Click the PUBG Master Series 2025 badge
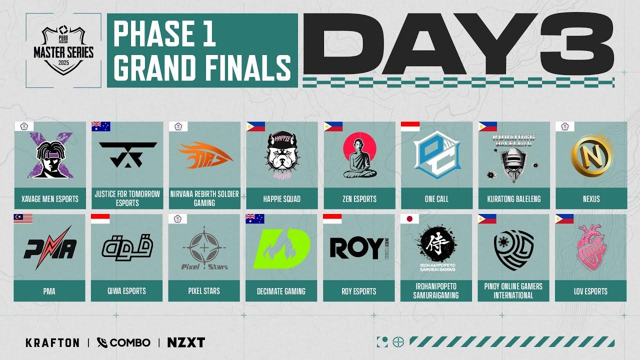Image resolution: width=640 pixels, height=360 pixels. [x=63, y=50]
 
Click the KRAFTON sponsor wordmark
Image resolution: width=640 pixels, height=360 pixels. [x=52, y=342]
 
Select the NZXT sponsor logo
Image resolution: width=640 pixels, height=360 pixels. [x=186, y=342]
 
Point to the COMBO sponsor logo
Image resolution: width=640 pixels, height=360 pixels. [x=123, y=342]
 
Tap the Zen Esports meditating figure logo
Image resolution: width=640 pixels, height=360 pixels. [x=359, y=155]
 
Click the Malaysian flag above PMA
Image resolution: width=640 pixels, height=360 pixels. [x=23, y=218]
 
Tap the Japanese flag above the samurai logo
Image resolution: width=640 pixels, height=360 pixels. [x=409, y=218]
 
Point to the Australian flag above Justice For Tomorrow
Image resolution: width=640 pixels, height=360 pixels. [x=100, y=126]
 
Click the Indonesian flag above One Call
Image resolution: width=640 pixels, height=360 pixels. [x=409, y=126]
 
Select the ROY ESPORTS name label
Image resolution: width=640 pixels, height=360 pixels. [x=359, y=291]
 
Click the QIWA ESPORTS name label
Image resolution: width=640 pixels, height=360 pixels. [x=127, y=291]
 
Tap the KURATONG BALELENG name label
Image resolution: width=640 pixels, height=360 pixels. [x=513, y=199]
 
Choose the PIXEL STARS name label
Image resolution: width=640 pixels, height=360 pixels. [x=204, y=291]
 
